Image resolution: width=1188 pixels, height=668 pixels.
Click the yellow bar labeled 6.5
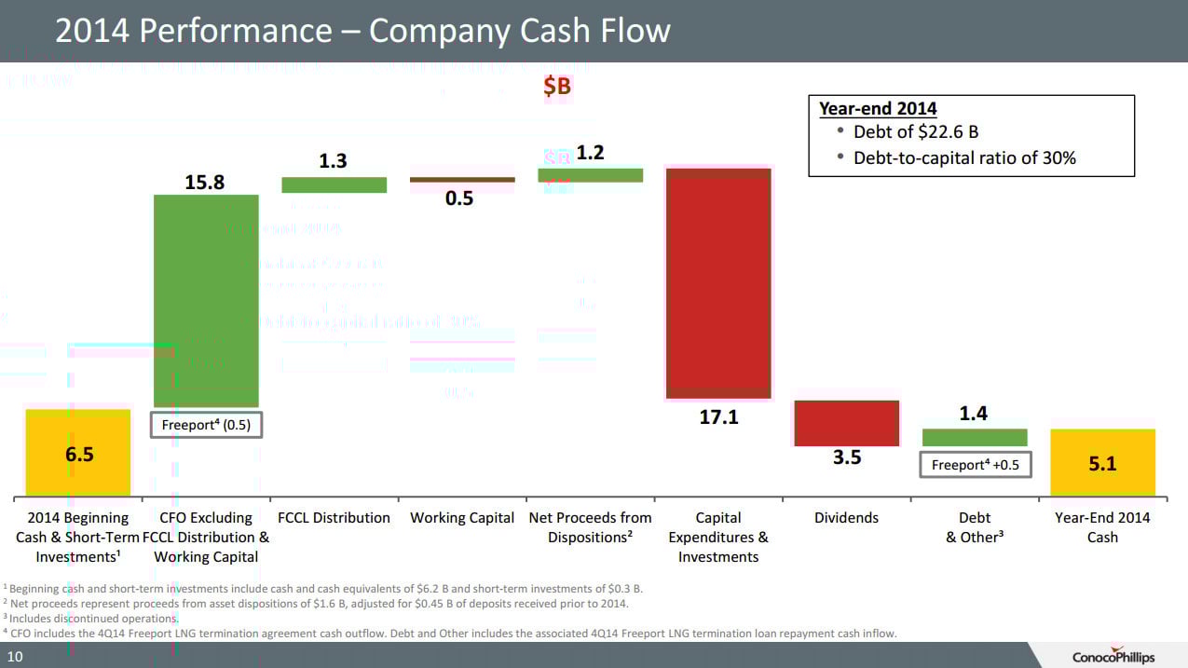pyautogui.click(x=78, y=453)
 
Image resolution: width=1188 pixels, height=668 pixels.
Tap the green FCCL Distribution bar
pyautogui.click(x=334, y=184)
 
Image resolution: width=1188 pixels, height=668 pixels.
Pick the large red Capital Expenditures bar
pyautogui.click(x=717, y=283)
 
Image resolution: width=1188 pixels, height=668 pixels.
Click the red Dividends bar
pyautogui.click(x=846, y=423)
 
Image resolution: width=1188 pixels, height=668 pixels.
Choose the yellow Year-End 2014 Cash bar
pyautogui.click(x=1102, y=462)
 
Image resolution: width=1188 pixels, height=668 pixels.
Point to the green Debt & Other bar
pyautogui.click(x=975, y=437)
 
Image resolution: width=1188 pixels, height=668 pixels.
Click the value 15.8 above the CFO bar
pyautogui.click(x=204, y=183)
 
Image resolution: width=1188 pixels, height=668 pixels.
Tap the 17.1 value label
pyautogui.click(x=718, y=417)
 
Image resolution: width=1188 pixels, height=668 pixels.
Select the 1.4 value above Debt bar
pyautogui.click(x=974, y=413)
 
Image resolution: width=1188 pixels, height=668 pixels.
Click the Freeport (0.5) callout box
pyautogui.click(x=206, y=425)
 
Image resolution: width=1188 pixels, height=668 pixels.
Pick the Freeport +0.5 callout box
pyautogui.click(x=976, y=464)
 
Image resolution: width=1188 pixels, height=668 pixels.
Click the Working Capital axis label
pyautogui.click(x=462, y=518)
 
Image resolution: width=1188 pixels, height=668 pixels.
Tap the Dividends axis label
pyautogui.click(x=846, y=518)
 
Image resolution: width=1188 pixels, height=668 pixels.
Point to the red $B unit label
pyautogui.click(x=557, y=87)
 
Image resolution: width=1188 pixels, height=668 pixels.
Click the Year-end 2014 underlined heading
pyautogui.click(x=877, y=108)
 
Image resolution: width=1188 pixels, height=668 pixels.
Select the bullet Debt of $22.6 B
pyautogui.click(x=915, y=132)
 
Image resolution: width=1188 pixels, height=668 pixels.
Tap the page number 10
pyautogui.click(x=16, y=658)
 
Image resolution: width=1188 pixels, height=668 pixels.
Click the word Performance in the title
pyautogui.click(x=232, y=31)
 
